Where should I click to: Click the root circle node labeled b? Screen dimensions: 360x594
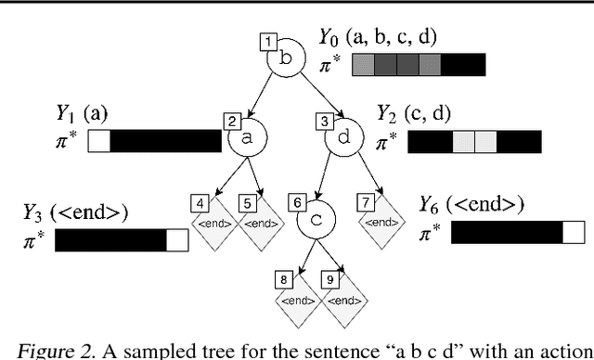(x=286, y=57)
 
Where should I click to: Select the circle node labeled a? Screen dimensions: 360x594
(x=247, y=136)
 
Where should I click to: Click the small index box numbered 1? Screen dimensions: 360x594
(x=269, y=42)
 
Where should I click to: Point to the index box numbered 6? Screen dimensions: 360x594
(x=297, y=201)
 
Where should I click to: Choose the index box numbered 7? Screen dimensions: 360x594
(x=368, y=201)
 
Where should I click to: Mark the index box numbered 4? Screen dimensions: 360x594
(x=200, y=201)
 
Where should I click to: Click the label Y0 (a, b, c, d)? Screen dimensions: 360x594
(x=377, y=39)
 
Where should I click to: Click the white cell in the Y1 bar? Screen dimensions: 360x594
(x=99, y=140)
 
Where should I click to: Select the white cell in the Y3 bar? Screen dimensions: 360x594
(x=177, y=239)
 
